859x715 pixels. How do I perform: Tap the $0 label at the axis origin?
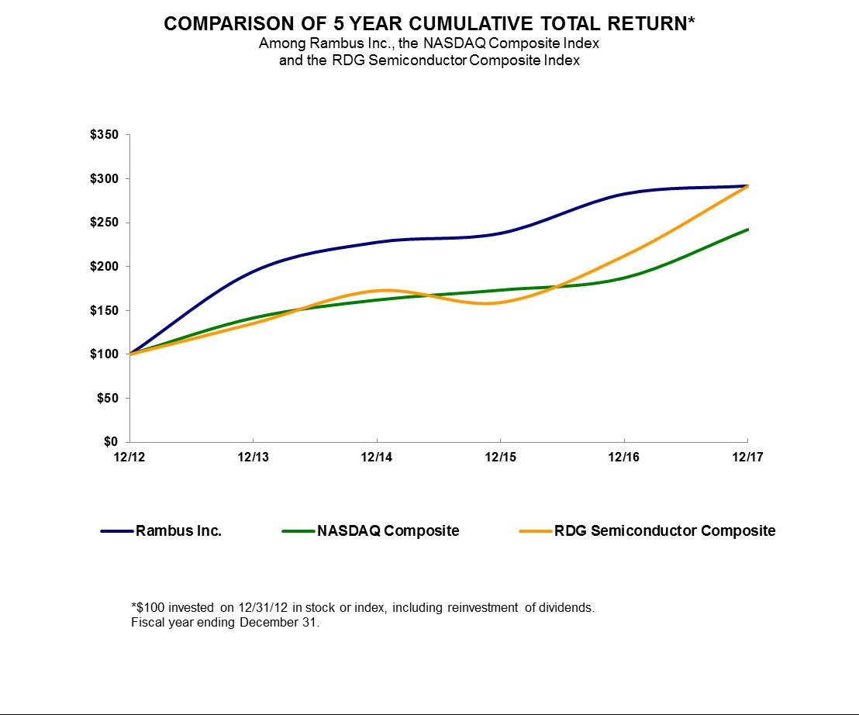point(112,442)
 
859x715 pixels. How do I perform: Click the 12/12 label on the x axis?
point(129,458)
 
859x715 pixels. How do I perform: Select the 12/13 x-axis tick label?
point(253,458)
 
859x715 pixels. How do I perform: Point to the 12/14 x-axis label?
point(377,458)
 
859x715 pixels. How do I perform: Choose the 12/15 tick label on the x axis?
point(500,458)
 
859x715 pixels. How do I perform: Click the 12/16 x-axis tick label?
point(624,458)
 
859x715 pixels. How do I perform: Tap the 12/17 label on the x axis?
point(747,458)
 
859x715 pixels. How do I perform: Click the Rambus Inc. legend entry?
point(178,531)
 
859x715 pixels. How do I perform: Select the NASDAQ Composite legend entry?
point(388,531)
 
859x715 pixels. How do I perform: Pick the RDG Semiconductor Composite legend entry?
point(664,531)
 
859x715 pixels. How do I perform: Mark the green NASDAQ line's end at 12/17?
point(747,230)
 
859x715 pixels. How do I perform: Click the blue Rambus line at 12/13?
point(253,271)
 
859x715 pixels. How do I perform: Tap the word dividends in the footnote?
point(567,608)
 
